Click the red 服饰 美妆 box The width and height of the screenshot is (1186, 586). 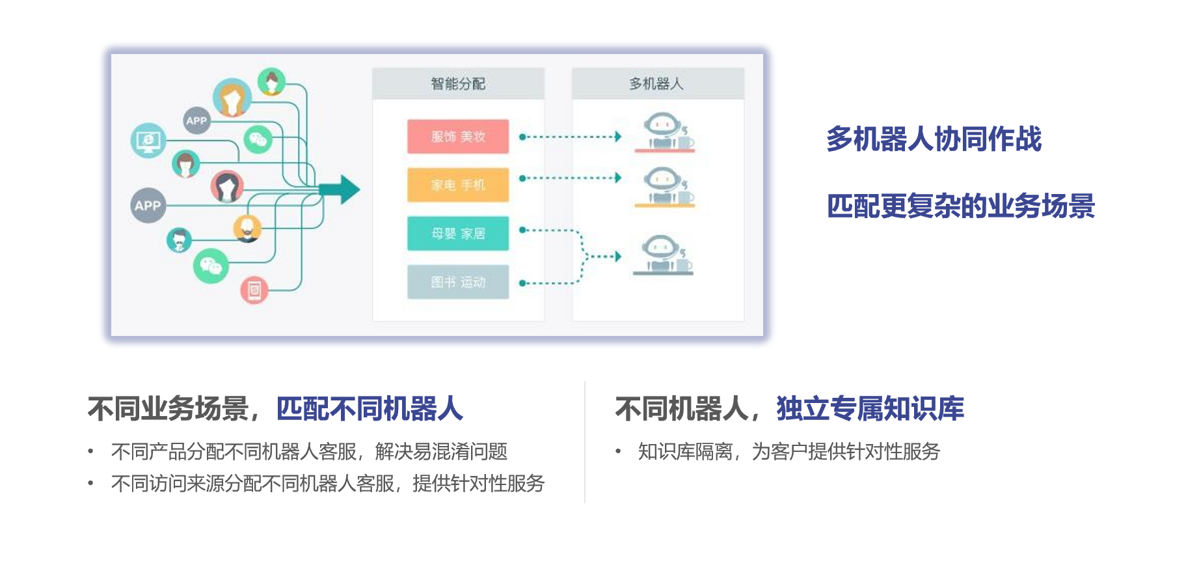[458, 137]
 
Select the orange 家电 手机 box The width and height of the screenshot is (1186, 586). [458, 185]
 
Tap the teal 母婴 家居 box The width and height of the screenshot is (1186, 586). [458, 233]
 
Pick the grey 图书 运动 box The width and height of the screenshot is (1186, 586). [458, 282]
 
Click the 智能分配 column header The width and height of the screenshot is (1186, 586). [458, 84]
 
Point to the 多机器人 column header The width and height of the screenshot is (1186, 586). [657, 84]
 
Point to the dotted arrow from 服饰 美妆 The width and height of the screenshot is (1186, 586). [570, 137]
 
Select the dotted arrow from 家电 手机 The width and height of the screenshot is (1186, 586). [570, 178]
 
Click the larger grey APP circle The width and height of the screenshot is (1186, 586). [148, 206]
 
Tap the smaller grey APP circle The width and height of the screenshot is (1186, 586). [196, 120]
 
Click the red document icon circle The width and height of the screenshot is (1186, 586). [254, 290]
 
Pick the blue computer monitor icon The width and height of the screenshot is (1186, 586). [148, 140]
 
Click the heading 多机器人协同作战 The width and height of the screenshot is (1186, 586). [934, 139]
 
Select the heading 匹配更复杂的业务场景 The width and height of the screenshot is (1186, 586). [961, 206]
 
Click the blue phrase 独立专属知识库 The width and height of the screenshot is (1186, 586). [870, 409]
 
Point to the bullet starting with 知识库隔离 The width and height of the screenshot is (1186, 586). [788, 451]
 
